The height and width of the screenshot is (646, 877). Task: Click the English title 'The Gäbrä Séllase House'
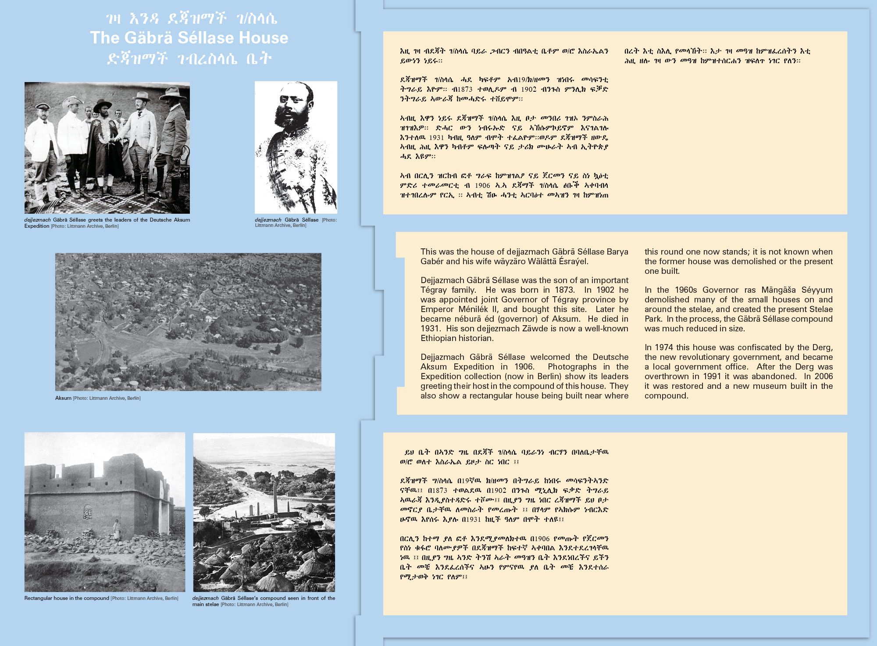(x=189, y=38)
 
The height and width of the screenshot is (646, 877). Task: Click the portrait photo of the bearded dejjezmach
(x=296, y=147)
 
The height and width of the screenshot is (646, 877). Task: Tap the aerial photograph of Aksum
(x=188, y=322)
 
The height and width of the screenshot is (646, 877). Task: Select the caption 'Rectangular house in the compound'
(x=67, y=598)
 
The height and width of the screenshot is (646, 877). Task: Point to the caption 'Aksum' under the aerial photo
(x=63, y=398)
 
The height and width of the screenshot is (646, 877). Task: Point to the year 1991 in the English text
(x=712, y=377)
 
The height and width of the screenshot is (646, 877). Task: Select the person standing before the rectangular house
(x=117, y=530)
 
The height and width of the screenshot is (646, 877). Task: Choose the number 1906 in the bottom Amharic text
(x=539, y=539)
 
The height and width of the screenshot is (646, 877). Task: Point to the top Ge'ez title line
(x=191, y=18)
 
